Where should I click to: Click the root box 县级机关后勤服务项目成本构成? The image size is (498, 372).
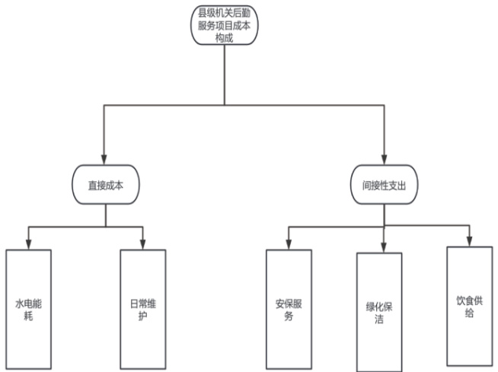(224, 26)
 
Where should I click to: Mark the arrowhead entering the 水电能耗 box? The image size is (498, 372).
(28, 244)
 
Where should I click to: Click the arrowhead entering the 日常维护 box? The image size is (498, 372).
(143, 244)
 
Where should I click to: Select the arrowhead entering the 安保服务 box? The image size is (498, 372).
(288, 244)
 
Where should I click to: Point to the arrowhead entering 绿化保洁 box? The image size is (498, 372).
(383, 248)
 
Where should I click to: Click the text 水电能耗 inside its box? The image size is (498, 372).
(28, 307)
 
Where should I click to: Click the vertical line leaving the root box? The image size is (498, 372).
(224, 76)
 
